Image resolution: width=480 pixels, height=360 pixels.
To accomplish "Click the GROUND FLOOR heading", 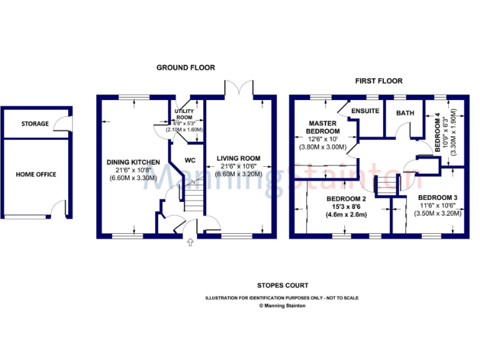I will (x=186, y=67).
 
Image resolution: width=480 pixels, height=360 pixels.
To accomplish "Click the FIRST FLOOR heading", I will (x=379, y=81).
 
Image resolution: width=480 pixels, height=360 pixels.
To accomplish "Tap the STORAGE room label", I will (x=34, y=124).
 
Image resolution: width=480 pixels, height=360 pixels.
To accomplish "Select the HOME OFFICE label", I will (x=36, y=174).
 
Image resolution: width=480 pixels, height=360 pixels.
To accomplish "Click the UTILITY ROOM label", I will (x=184, y=114).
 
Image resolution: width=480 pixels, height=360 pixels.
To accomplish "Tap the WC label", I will (x=190, y=160).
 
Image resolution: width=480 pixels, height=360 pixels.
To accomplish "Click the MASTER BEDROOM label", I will (x=322, y=127).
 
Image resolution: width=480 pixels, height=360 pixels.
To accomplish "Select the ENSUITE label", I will (x=366, y=111).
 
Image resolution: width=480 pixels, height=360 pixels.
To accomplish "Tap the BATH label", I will (x=406, y=113).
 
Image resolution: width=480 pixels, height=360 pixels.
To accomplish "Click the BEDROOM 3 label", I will (x=437, y=198).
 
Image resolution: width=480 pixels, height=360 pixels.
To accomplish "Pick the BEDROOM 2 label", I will (x=346, y=200).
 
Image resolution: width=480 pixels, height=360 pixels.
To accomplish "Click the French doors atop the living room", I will (x=239, y=89).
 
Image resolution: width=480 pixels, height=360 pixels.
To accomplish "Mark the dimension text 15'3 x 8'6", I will (x=346, y=207).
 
